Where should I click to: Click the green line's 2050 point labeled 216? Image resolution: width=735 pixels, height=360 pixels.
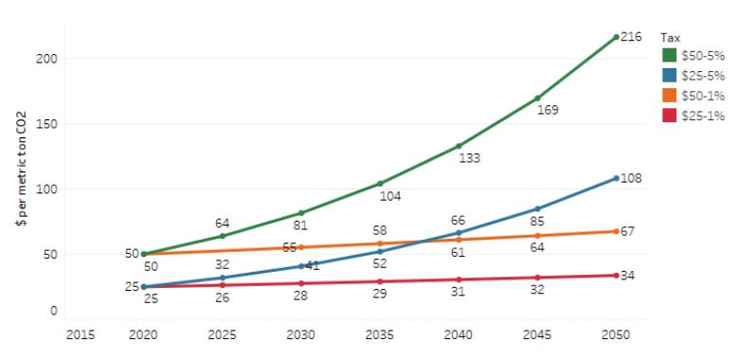click(616, 37)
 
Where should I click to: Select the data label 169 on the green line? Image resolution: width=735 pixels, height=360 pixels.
click(547, 110)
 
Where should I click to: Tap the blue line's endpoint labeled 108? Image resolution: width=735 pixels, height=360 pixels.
click(616, 178)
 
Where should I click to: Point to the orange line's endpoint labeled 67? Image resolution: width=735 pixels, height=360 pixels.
click(616, 231)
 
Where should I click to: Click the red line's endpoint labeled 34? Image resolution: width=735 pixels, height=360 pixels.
click(616, 276)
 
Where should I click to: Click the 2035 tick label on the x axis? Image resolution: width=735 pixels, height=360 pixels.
click(380, 334)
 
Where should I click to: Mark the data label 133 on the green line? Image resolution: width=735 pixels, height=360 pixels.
click(469, 158)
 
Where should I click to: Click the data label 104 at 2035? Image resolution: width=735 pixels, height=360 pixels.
click(389, 196)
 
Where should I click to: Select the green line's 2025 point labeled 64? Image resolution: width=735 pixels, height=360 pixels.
click(223, 236)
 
